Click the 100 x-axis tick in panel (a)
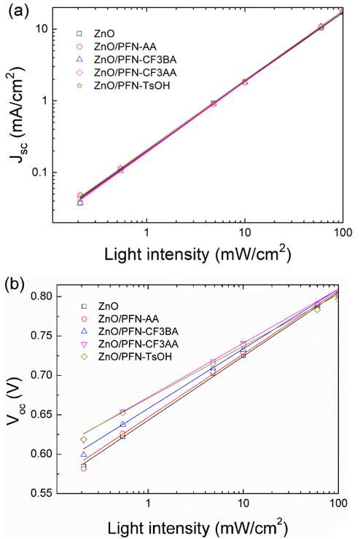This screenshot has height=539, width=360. click(343, 233)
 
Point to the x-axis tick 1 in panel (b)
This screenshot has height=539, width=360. click(148, 503)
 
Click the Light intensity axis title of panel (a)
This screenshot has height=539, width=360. click(198, 256)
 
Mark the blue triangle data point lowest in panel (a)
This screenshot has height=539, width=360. click(80, 202)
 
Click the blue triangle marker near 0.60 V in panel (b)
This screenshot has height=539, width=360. click(84, 455)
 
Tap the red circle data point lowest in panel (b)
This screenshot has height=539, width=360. click(84, 468)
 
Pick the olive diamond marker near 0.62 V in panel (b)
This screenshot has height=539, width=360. click(84, 440)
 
